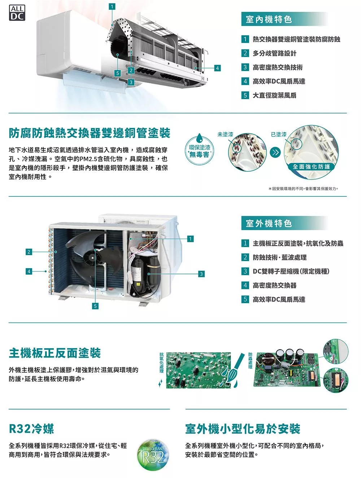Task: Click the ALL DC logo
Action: [x=17, y=13]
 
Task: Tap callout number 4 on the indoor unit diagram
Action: [x=217, y=68]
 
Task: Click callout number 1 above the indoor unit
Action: [x=112, y=7]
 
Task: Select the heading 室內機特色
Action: [x=269, y=19]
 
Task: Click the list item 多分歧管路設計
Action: [x=274, y=53]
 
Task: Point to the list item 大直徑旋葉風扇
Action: [x=274, y=95]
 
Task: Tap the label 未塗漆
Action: [x=225, y=134]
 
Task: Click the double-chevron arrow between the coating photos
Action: [x=275, y=152]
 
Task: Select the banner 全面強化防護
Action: [x=311, y=167]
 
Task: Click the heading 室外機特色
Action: [x=269, y=223]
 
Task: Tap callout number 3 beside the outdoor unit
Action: [x=201, y=274]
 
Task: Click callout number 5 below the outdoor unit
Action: [x=95, y=306]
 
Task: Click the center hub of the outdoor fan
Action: [x=92, y=258]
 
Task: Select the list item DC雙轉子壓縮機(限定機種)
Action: [x=291, y=271]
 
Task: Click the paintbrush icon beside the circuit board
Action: [x=236, y=370]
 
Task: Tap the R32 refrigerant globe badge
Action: [x=153, y=455]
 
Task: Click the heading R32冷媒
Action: [x=31, y=429]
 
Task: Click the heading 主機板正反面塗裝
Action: [x=55, y=353]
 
